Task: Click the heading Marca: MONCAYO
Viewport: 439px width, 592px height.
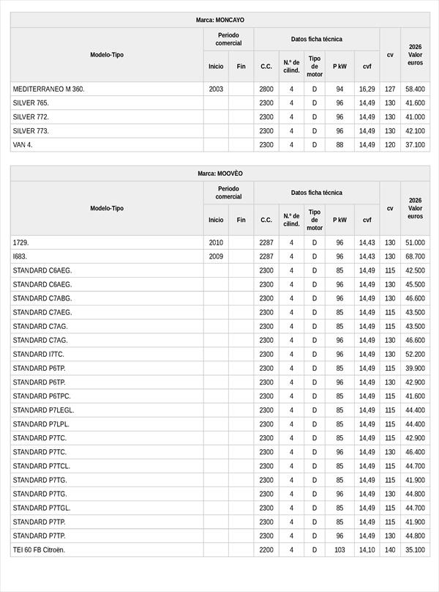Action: tap(220, 21)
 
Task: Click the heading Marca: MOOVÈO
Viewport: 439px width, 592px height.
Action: tap(220, 174)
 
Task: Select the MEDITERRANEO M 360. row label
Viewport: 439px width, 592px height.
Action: tap(49, 89)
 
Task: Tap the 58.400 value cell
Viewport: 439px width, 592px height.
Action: tap(415, 89)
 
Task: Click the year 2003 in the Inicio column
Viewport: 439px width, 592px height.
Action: tap(216, 89)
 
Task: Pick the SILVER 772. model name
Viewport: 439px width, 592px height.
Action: tap(31, 116)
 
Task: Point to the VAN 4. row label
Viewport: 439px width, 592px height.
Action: tap(23, 145)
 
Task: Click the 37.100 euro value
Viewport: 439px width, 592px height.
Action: tap(415, 145)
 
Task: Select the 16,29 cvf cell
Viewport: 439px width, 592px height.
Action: tap(367, 89)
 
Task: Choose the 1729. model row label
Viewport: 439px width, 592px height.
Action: tap(20, 243)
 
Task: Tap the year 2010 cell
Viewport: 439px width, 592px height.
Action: tap(216, 243)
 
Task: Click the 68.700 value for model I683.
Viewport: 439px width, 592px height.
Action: tap(415, 256)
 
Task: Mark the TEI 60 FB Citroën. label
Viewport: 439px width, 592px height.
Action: tap(39, 550)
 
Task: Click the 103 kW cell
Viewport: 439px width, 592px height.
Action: tap(339, 550)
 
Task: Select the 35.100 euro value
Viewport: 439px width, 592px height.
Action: tap(415, 550)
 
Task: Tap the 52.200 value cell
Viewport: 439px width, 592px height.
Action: tap(415, 354)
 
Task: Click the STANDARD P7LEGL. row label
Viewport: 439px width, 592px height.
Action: tap(43, 410)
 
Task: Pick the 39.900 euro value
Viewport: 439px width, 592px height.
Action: tap(415, 368)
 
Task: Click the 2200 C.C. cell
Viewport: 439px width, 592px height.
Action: tap(266, 550)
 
